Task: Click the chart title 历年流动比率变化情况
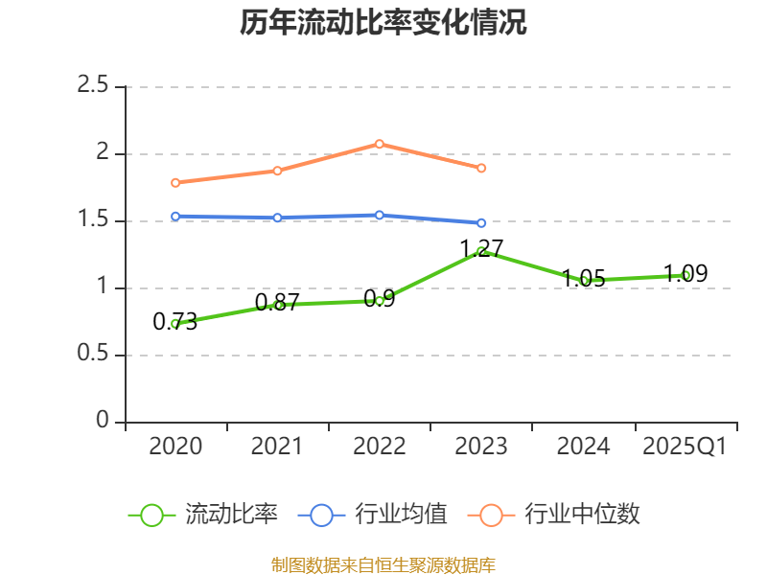click(x=383, y=23)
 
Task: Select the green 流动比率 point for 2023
click(x=481, y=251)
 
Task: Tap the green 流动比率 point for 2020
click(x=175, y=324)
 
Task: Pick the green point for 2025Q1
click(x=686, y=275)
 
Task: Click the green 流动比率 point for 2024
click(x=584, y=281)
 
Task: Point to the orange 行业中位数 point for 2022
click(x=380, y=144)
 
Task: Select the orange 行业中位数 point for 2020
click(x=175, y=182)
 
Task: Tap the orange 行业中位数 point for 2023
click(x=481, y=168)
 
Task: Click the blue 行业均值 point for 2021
click(x=278, y=218)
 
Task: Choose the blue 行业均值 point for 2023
click(x=481, y=222)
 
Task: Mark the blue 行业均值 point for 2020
click(x=175, y=217)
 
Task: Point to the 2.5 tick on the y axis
click(x=93, y=86)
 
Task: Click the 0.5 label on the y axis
click(x=93, y=355)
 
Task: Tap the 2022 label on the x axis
click(x=380, y=447)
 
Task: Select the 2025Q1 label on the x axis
click(x=686, y=447)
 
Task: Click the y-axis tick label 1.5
click(x=93, y=220)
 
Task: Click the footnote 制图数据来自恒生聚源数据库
click(x=383, y=564)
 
